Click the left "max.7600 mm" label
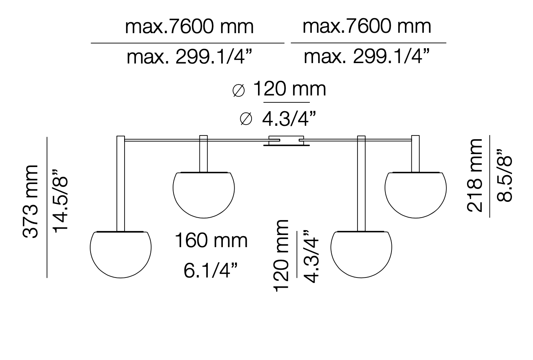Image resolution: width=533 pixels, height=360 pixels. pos(189,27)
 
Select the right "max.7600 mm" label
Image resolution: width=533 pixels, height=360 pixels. pos(367,27)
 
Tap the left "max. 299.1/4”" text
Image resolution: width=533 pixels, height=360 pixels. pos(189,57)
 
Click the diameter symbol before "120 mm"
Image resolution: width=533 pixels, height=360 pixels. pos(239,91)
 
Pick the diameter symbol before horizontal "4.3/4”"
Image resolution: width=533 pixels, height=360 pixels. pos(246,119)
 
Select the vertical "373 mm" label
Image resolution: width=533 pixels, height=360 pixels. pos(31,201)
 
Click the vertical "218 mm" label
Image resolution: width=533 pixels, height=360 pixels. pos(475,175)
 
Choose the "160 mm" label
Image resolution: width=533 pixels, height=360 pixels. pos(211,241)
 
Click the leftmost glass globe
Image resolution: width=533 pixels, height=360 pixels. pos(121,254)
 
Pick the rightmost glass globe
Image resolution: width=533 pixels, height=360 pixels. pos(416,194)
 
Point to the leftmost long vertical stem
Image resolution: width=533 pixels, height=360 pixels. pos(121,184)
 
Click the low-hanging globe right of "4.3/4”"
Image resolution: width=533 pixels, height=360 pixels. pos(361,254)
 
